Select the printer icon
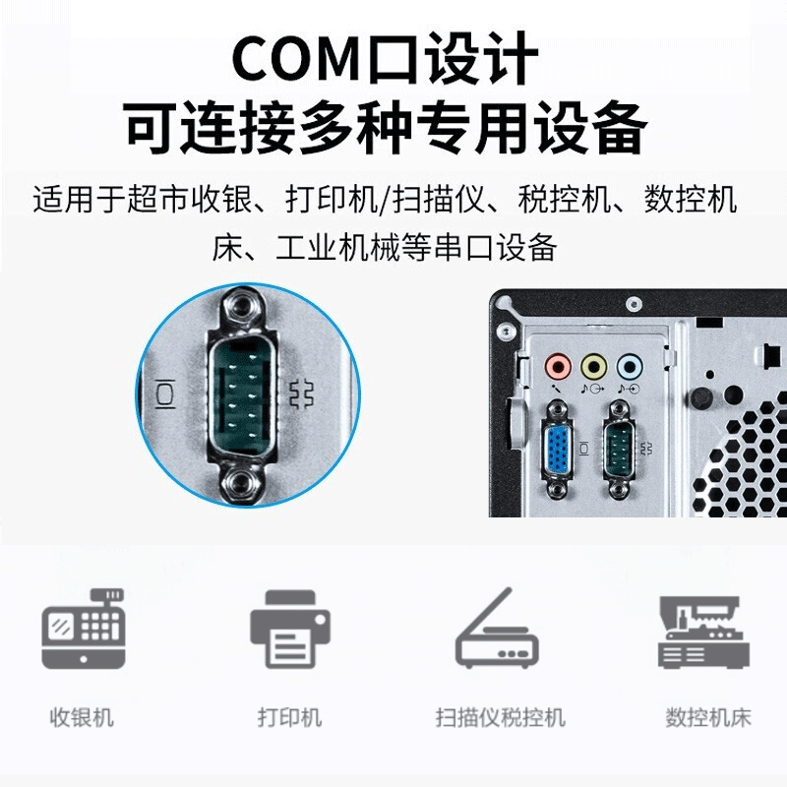(289, 630)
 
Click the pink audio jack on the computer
(558, 368)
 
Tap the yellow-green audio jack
(592, 368)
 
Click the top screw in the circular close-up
(239, 308)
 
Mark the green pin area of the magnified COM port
(239, 393)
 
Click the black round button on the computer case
(700, 398)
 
